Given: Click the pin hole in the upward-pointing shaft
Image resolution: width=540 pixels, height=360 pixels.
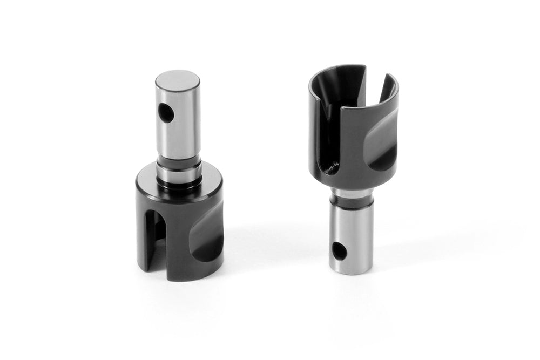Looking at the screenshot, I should [167, 112].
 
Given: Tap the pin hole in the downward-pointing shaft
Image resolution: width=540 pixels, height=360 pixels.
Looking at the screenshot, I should [339, 249].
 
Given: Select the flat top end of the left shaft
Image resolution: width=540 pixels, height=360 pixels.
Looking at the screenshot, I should [177, 78].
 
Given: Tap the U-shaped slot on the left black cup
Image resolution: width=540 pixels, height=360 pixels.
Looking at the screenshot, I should [155, 232].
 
